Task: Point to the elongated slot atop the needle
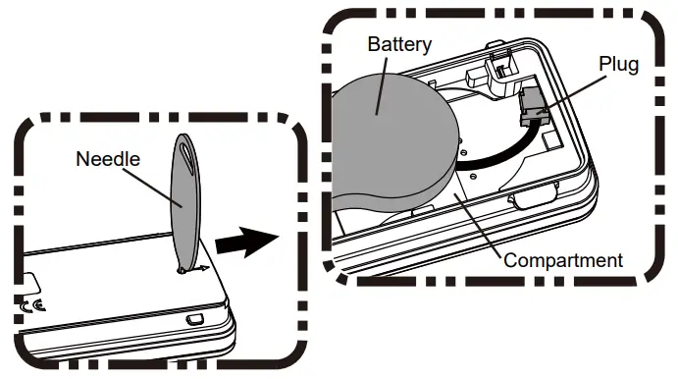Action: coord(187,157)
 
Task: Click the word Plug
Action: coord(620,65)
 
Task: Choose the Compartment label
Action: coord(563,260)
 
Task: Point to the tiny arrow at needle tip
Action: coord(198,266)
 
